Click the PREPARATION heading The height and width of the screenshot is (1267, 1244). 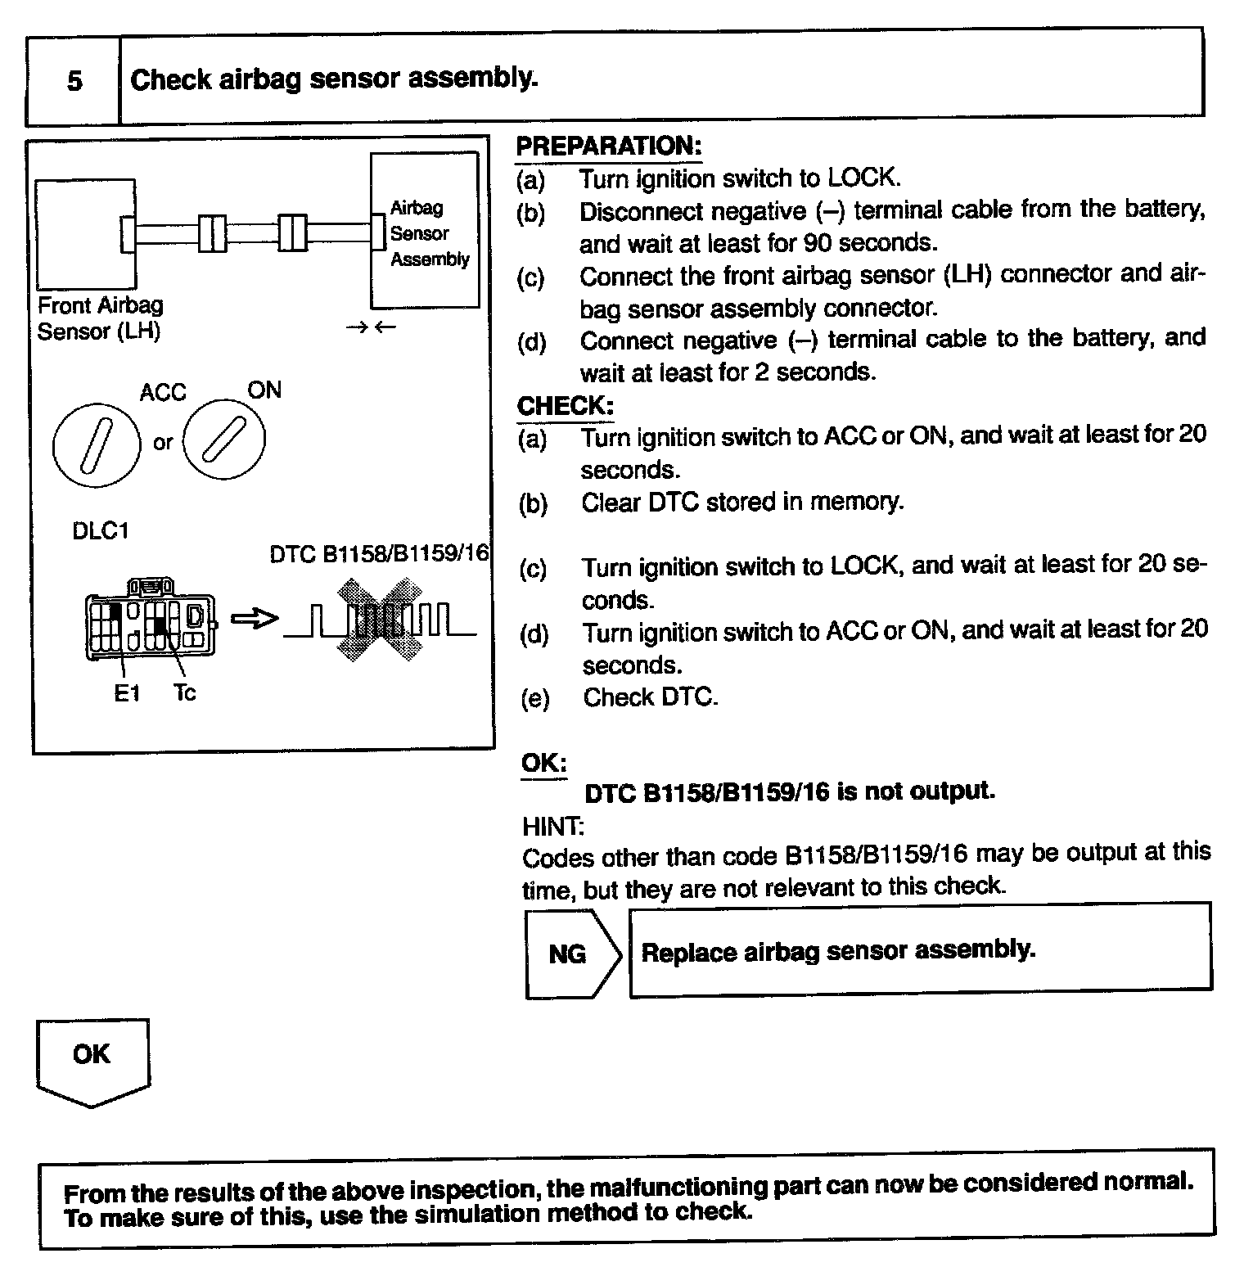(x=608, y=147)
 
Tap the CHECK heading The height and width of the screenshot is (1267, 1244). (x=565, y=405)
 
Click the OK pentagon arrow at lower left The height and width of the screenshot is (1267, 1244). (x=92, y=1060)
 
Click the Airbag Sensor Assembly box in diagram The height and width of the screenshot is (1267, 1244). (x=426, y=232)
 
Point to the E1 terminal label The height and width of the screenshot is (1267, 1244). (x=127, y=694)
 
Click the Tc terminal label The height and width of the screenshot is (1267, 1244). (x=185, y=693)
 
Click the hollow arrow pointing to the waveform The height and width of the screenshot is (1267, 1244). (x=255, y=620)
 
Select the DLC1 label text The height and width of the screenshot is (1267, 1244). (x=101, y=531)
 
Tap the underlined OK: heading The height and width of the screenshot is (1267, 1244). (x=544, y=762)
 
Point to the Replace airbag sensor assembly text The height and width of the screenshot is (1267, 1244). (x=838, y=951)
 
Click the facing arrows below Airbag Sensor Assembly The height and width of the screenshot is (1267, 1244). (x=372, y=327)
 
